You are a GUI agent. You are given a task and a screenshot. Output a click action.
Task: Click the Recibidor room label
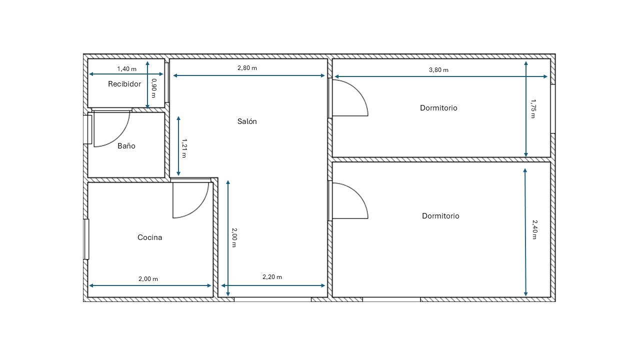click(x=124, y=84)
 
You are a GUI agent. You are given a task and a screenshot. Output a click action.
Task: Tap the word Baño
click(x=126, y=146)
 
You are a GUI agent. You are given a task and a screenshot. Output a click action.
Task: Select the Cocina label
click(x=149, y=237)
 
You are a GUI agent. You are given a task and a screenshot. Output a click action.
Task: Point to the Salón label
click(x=247, y=121)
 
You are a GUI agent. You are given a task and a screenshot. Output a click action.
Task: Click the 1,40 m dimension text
click(x=126, y=69)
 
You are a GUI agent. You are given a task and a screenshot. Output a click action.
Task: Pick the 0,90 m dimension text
click(x=153, y=88)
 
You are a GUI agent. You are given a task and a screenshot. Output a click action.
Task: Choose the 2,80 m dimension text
click(x=247, y=68)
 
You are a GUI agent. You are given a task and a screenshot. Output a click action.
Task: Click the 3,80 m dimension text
click(x=438, y=70)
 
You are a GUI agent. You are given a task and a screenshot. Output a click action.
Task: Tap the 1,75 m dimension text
click(x=533, y=108)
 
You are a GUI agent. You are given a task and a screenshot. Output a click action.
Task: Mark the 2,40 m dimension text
click(x=534, y=229)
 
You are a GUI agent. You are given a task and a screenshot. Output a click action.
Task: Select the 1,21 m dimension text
click(x=184, y=148)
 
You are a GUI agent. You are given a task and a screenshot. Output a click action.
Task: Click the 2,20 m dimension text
click(x=272, y=277)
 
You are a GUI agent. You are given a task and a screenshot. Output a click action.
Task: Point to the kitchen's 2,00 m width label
click(x=148, y=279)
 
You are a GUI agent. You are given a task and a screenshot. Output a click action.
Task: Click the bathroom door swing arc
click(x=120, y=137)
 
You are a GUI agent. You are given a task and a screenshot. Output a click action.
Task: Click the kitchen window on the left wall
click(x=86, y=239)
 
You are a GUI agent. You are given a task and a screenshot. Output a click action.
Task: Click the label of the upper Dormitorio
click(x=438, y=108)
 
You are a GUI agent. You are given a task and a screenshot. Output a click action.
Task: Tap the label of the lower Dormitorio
click(x=440, y=216)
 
